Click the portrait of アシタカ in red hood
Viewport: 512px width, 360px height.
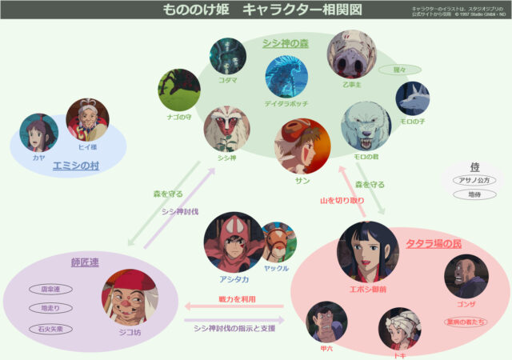tap(233, 241)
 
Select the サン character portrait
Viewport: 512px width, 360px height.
tap(302, 147)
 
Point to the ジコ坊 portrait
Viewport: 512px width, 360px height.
tap(130, 297)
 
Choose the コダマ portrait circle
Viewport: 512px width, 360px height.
tap(228, 56)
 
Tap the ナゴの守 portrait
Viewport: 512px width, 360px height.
tap(178, 89)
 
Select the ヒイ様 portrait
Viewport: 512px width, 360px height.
tap(87, 119)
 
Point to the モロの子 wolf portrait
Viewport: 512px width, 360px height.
tap(412, 98)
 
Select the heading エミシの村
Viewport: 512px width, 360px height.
tap(75, 166)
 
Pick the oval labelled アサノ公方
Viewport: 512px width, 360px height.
tap(475, 181)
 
